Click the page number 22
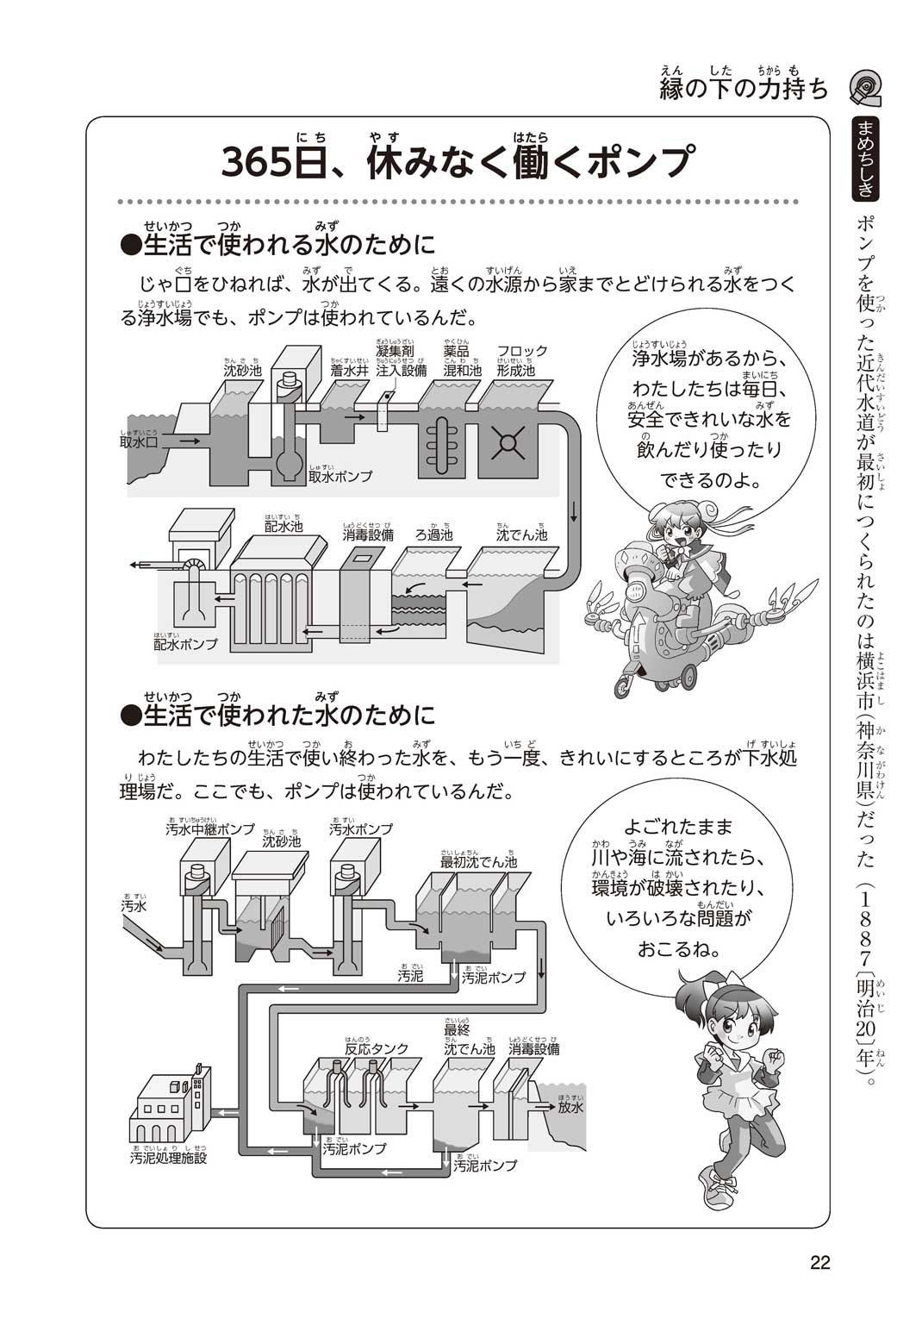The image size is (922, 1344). pyautogui.click(x=820, y=1262)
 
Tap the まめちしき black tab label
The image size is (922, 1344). pyautogui.click(x=866, y=159)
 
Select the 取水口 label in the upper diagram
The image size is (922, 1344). pyautogui.click(x=139, y=442)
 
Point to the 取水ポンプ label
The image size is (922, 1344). pyautogui.click(x=340, y=477)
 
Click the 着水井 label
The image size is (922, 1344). pyautogui.click(x=349, y=370)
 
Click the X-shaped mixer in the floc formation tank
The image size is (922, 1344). pyautogui.click(x=508, y=443)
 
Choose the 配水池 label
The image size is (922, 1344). pyautogui.click(x=283, y=526)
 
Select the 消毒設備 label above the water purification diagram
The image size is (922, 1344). pyautogui.click(x=368, y=534)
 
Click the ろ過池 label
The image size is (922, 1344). pyautogui.click(x=435, y=534)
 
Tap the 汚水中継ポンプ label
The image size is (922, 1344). pyautogui.click(x=210, y=829)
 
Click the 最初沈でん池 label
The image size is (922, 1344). pyautogui.click(x=478, y=862)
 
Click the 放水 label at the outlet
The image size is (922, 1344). pyautogui.click(x=570, y=1107)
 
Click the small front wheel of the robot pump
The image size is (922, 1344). pyautogui.click(x=623, y=686)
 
